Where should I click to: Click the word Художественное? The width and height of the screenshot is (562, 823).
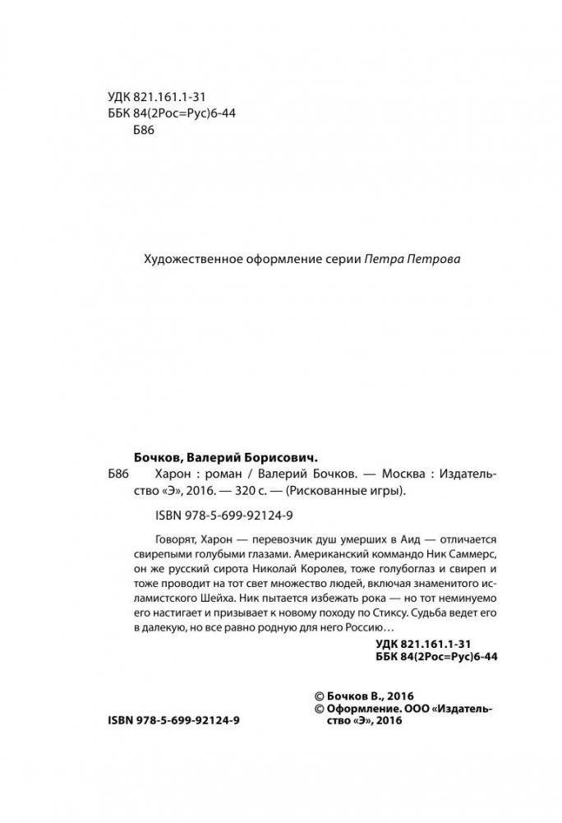[182, 258]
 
